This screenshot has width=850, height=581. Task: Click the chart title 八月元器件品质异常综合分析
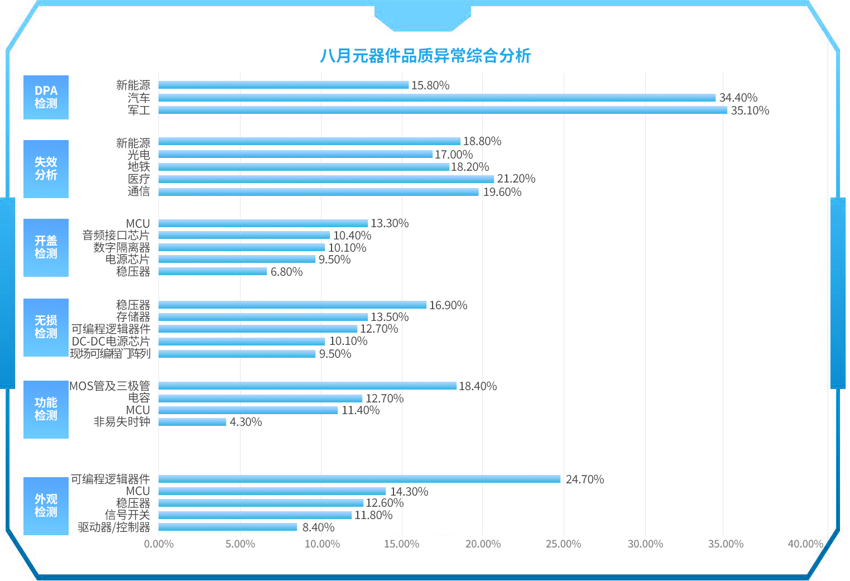[x=425, y=56]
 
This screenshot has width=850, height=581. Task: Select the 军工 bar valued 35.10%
[x=443, y=110]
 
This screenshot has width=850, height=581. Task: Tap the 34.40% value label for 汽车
[x=738, y=98]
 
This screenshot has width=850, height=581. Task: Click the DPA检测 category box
[x=46, y=97]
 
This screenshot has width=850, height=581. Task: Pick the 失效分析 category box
[x=46, y=169]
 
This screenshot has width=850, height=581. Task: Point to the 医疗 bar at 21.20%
[x=326, y=179]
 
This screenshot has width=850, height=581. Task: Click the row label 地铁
[x=138, y=167]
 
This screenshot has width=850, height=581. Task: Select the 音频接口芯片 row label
[x=116, y=236]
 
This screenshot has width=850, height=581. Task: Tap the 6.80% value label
[x=286, y=272]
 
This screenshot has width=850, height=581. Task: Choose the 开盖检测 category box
[x=46, y=247]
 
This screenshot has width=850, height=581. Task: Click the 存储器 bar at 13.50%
[x=263, y=317]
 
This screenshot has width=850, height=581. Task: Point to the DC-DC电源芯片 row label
[x=111, y=341]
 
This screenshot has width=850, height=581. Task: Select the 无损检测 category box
[x=46, y=327]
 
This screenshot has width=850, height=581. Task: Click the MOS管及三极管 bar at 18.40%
[x=307, y=386]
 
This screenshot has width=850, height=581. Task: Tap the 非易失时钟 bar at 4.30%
[x=192, y=422]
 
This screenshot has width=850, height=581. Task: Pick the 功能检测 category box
[x=46, y=409]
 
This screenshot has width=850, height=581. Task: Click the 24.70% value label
[x=584, y=479]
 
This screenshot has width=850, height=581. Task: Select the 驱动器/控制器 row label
[x=114, y=527]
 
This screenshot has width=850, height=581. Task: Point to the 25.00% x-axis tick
[x=563, y=544]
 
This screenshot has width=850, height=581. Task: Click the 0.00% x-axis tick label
[x=159, y=544]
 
